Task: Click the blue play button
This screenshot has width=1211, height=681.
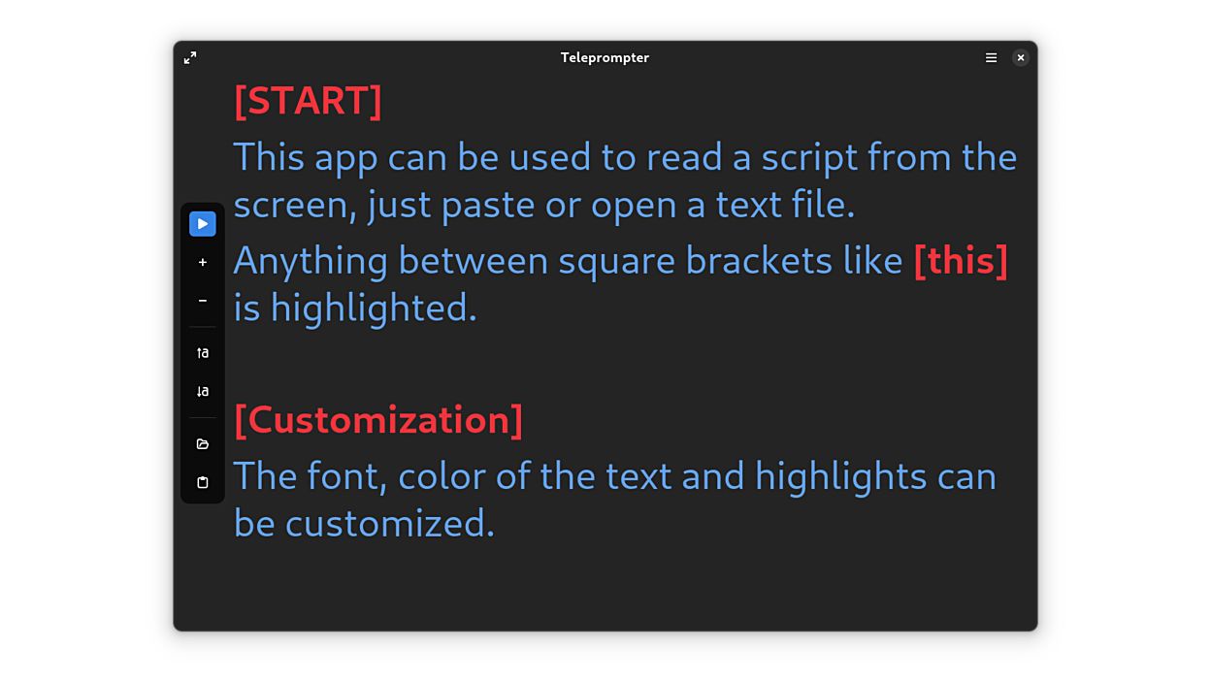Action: click(x=202, y=224)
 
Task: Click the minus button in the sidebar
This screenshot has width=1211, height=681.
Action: click(x=202, y=301)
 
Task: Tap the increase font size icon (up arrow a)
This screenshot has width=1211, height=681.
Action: click(x=202, y=353)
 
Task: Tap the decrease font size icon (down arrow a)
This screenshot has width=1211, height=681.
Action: click(x=202, y=392)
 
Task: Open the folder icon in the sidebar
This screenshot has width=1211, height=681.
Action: click(x=202, y=444)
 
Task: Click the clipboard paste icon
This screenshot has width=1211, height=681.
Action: click(x=202, y=482)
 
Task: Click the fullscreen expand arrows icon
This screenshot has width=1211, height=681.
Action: click(x=190, y=58)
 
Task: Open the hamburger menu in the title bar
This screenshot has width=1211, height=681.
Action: click(x=991, y=58)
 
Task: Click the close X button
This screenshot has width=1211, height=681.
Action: click(x=1020, y=58)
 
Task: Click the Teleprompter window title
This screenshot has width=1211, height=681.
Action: click(x=605, y=58)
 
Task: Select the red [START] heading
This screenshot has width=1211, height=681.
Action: click(x=308, y=101)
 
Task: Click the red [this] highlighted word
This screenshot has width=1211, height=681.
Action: click(x=961, y=261)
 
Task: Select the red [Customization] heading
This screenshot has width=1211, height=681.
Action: click(x=378, y=420)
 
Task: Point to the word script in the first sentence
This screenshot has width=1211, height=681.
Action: click(x=810, y=158)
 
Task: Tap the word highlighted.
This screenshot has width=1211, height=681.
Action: click(x=374, y=308)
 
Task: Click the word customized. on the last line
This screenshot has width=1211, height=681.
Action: click(x=389, y=524)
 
